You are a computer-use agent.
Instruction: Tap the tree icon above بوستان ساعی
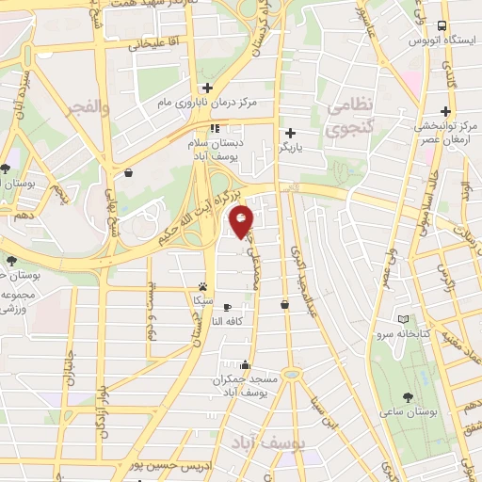[x=407, y=397]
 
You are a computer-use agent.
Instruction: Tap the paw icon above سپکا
[x=202, y=285]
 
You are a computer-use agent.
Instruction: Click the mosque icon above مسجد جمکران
[x=246, y=364]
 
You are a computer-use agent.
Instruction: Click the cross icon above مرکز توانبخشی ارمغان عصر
[x=443, y=109]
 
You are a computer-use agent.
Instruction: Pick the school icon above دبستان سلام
[x=215, y=128]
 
